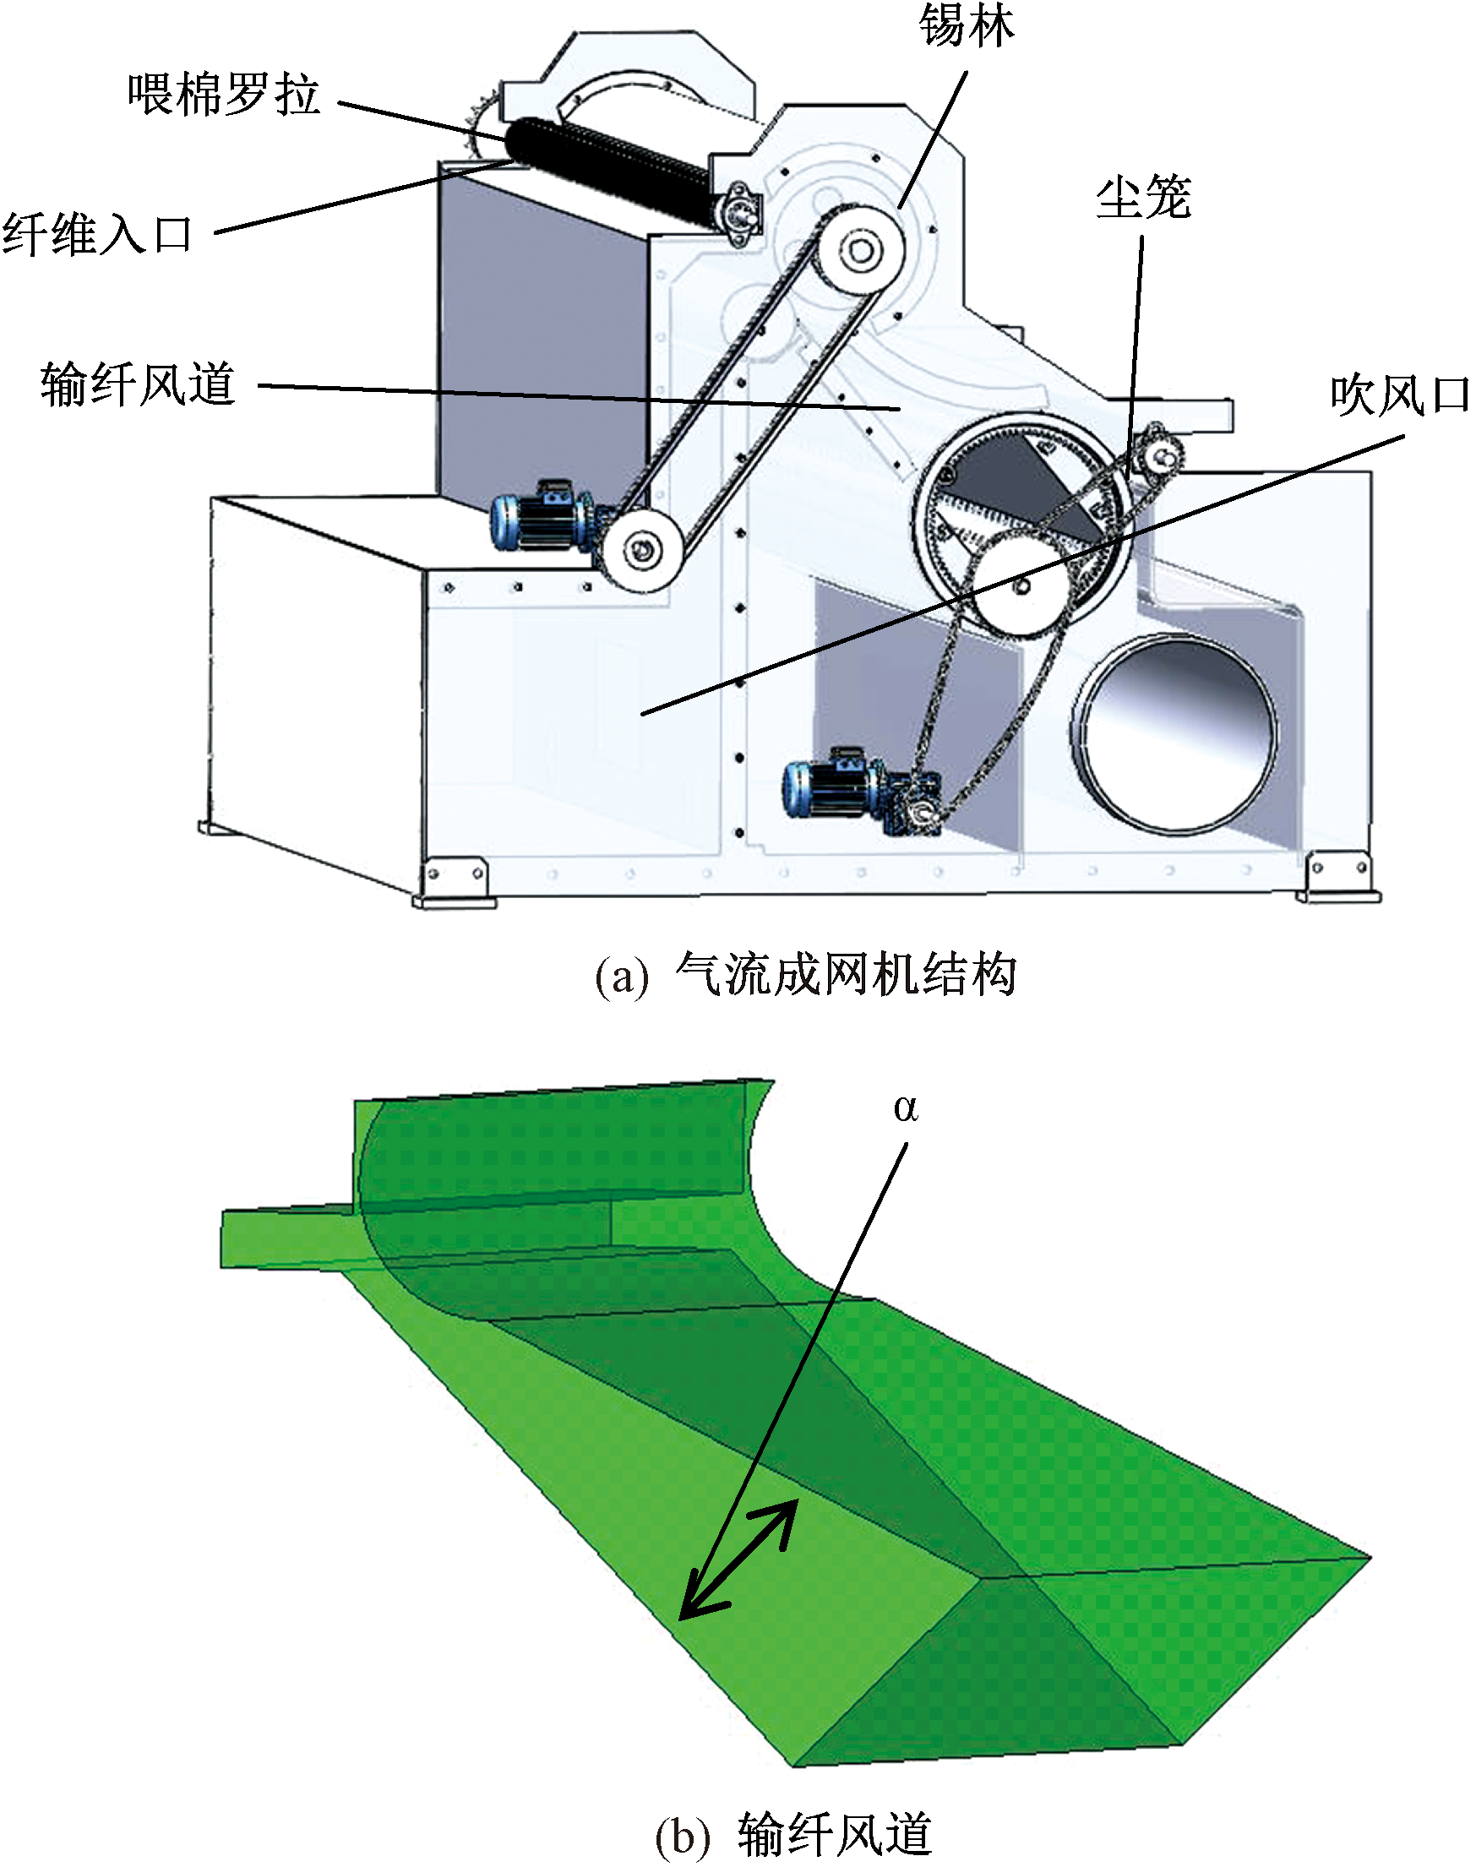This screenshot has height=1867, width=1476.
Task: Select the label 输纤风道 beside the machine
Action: click(x=139, y=384)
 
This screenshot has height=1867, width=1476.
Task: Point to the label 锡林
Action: click(x=967, y=26)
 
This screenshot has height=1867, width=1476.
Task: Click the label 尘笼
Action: click(x=1143, y=197)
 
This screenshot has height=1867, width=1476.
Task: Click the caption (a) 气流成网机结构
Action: click(x=805, y=975)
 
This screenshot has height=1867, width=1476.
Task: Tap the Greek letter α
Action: click(x=906, y=1108)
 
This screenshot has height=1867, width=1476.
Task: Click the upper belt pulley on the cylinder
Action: click(x=861, y=251)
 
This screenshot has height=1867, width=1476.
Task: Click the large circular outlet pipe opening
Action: click(x=1175, y=734)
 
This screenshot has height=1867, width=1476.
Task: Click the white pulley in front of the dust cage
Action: click(x=1021, y=585)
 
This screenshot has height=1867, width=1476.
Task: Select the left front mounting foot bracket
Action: click(x=455, y=881)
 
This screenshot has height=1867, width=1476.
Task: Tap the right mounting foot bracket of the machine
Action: click(x=1337, y=876)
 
